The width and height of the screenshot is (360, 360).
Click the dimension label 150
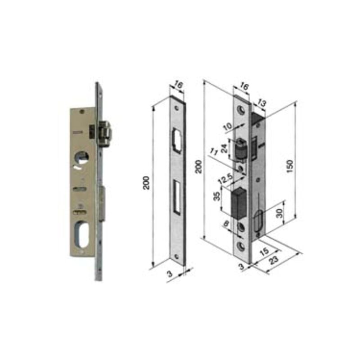click(290, 166)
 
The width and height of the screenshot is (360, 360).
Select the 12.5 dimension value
click(225, 179)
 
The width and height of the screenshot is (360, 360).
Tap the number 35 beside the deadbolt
click(217, 196)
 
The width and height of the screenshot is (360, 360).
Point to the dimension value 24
click(225, 148)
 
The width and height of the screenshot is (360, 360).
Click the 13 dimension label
click(261, 103)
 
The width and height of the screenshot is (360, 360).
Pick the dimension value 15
click(264, 251)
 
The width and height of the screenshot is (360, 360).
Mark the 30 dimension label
click(279, 213)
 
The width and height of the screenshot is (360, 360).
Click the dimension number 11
click(214, 152)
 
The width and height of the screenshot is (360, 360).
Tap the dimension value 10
click(228, 126)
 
